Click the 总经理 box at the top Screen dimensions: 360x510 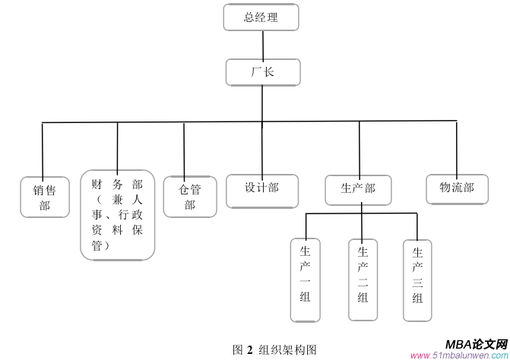261,17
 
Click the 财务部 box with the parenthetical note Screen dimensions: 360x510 117,215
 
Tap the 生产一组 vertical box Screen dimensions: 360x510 306,280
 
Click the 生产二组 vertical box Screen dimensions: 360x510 363,280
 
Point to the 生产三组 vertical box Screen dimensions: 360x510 417,279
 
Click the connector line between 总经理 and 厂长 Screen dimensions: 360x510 262,45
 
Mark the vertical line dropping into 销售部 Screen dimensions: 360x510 42,148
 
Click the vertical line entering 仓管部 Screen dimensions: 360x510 184,148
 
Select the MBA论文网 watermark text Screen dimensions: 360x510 476,343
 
